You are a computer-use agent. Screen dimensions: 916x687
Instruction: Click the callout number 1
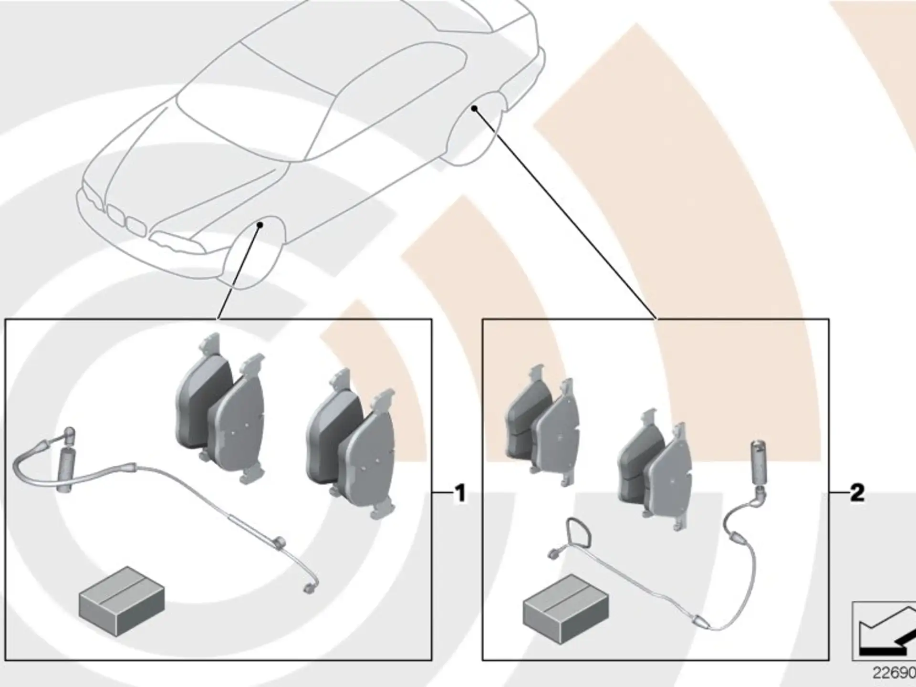460,493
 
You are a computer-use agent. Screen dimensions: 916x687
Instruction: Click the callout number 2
857,493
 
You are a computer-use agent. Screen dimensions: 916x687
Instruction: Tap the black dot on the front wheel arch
260,224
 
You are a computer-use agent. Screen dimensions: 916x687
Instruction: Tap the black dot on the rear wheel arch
474,108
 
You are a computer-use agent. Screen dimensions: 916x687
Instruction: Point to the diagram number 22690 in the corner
894,673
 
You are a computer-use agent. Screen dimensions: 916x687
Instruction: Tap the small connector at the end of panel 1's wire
309,589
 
